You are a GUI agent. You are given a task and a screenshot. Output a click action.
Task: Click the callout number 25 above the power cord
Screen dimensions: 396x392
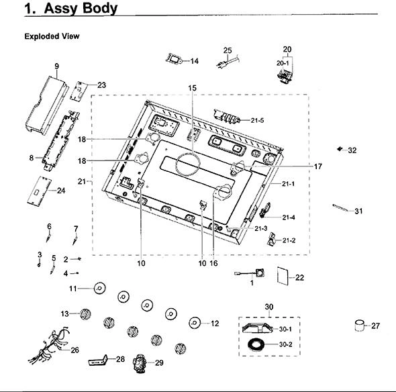coord(228,50)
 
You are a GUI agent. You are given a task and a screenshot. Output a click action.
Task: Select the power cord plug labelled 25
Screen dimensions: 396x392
coord(228,62)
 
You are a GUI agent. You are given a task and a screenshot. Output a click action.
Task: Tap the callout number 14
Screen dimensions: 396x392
coord(195,61)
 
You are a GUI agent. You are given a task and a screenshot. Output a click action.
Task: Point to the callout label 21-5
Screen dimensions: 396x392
coord(257,120)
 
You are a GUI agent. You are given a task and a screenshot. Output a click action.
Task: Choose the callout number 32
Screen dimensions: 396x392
coord(352,150)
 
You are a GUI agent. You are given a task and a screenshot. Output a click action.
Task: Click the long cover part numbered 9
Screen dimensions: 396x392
coord(47,105)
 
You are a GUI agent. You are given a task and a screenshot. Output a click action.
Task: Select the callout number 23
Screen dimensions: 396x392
coord(101,85)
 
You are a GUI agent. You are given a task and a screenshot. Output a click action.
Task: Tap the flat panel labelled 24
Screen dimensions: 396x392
coord(39,191)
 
